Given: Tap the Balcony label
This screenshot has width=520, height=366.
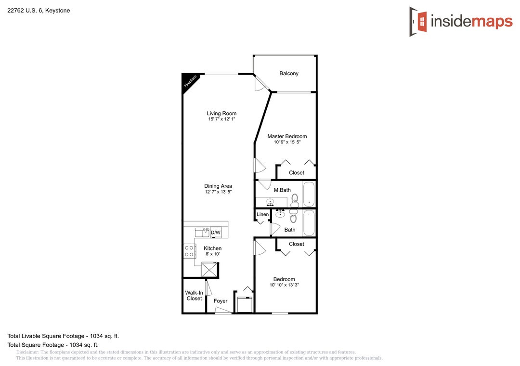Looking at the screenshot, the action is pyautogui.click(x=289, y=73).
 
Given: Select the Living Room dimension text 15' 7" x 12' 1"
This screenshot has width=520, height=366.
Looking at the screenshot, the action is pyautogui.click(x=221, y=119).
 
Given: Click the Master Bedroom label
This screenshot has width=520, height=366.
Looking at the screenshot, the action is pyautogui.click(x=287, y=136).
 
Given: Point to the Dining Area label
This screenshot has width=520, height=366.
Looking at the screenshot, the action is pyautogui.click(x=218, y=186).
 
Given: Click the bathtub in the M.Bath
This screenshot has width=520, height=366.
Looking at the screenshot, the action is pyautogui.click(x=309, y=194).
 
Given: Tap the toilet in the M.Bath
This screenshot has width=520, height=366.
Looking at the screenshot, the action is pyautogui.click(x=295, y=200).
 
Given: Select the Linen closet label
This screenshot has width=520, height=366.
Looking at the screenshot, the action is pyautogui.click(x=263, y=214).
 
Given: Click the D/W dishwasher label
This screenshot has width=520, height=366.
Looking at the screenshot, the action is pyautogui.click(x=216, y=233).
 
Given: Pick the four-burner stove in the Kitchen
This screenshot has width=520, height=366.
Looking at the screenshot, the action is pyautogui.click(x=189, y=251).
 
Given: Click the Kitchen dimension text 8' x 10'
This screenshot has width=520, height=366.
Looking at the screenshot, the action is pyautogui.click(x=213, y=254).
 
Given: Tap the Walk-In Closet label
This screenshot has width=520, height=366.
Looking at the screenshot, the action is pyautogui.click(x=194, y=296).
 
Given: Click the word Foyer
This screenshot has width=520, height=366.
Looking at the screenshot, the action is pyautogui.click(x=221, y=301).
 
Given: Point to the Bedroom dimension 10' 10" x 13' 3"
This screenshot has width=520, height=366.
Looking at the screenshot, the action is pyautogui.click(x=284, y=285).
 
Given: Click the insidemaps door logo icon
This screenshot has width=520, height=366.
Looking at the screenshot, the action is pyautogui.click(x=418, y=22).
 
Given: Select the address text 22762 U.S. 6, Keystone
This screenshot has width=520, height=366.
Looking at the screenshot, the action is pyautogui.click(x=39, y=11).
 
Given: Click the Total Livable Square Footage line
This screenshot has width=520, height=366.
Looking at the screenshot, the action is pyautogui.click(x=63, y=336).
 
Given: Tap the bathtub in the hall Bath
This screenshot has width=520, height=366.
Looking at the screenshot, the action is pyautogui.click(x=309, y=223).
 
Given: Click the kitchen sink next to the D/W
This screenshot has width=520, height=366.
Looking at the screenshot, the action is pyautogui.click(x=202, y=232).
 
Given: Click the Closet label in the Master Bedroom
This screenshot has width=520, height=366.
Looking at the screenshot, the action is pyautogui.click(x=297, y=173).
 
